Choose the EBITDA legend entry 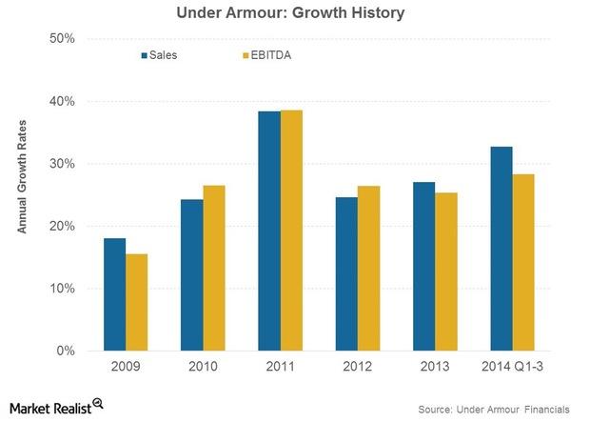(265, 55)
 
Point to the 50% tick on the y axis (62, 38)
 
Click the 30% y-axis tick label (62, 164)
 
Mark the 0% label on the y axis (66, 351)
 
